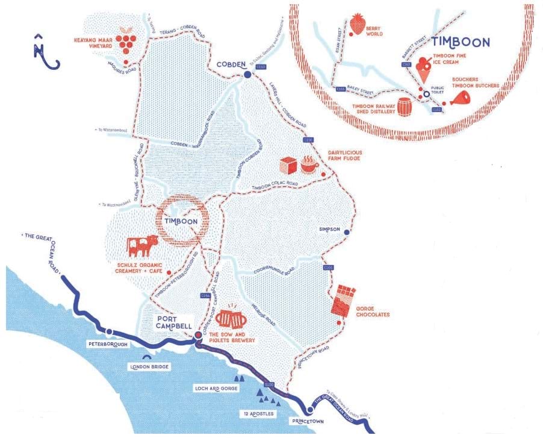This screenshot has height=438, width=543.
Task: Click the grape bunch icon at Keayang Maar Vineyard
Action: coord(126,40)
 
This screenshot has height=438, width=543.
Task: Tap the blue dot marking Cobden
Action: coord(247,75)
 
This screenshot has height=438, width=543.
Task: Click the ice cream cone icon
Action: coord(425,71)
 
